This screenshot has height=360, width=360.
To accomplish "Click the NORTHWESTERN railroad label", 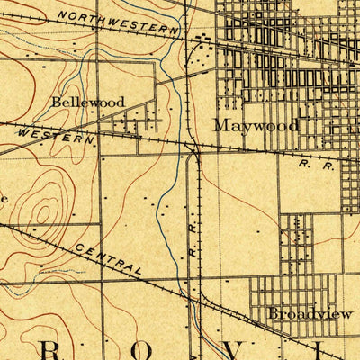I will pyautogui.click(x=117, y=22).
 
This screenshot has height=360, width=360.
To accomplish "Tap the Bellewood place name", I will pyautogui.click(x=87, y=103).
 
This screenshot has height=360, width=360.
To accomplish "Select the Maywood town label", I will pyautogui.click(x=256, y=126).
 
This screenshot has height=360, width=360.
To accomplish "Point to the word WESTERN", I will pyautogui.click(x=54, y=136).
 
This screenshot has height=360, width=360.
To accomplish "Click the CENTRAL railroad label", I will pyautogui.click(x=108, y=258).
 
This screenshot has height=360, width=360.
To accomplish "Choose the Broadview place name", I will pyautogui.click(x=302, y=313).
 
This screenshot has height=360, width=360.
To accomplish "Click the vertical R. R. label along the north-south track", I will pyautogui.click(x=193, y=247).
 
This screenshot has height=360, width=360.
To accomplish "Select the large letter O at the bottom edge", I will pyautogui.click(x=177, y=352).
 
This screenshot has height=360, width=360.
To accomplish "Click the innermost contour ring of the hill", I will pyautogui.click(x=41, y=214).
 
